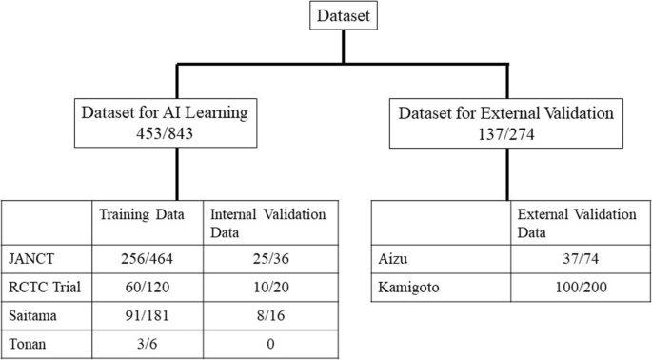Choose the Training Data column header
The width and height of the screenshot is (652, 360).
(x=144, y=211)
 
